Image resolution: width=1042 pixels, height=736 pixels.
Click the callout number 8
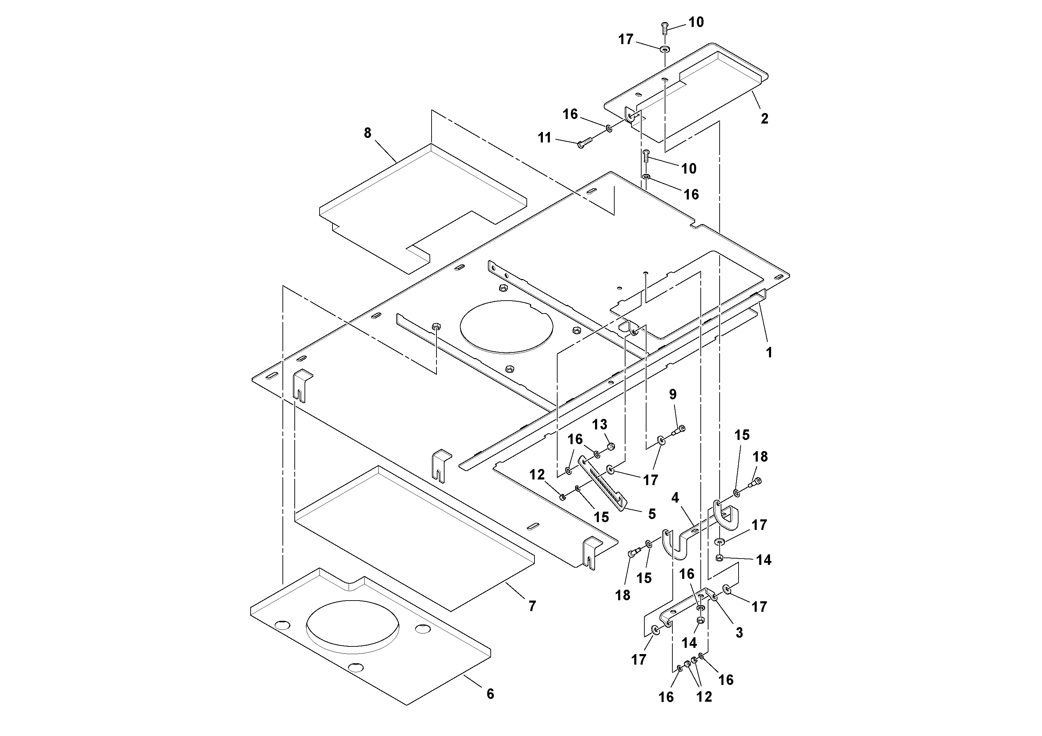click(x=367, y=133)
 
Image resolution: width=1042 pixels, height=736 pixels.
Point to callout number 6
click(x=490, y=694)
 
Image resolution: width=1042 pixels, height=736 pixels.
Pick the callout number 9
click(x=673, y=394)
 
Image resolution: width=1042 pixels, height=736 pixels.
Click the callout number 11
click(x=544, y=138)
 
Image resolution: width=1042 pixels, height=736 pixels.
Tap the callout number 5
click(x=652, y=514)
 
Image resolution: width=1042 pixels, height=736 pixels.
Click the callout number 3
click(x=739, y=632)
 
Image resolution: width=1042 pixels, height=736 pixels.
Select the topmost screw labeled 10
click(x=665, y=27)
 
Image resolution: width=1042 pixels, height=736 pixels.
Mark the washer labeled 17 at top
click(x=665, y=49)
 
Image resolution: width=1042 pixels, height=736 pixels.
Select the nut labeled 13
click(x=611, y=447)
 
